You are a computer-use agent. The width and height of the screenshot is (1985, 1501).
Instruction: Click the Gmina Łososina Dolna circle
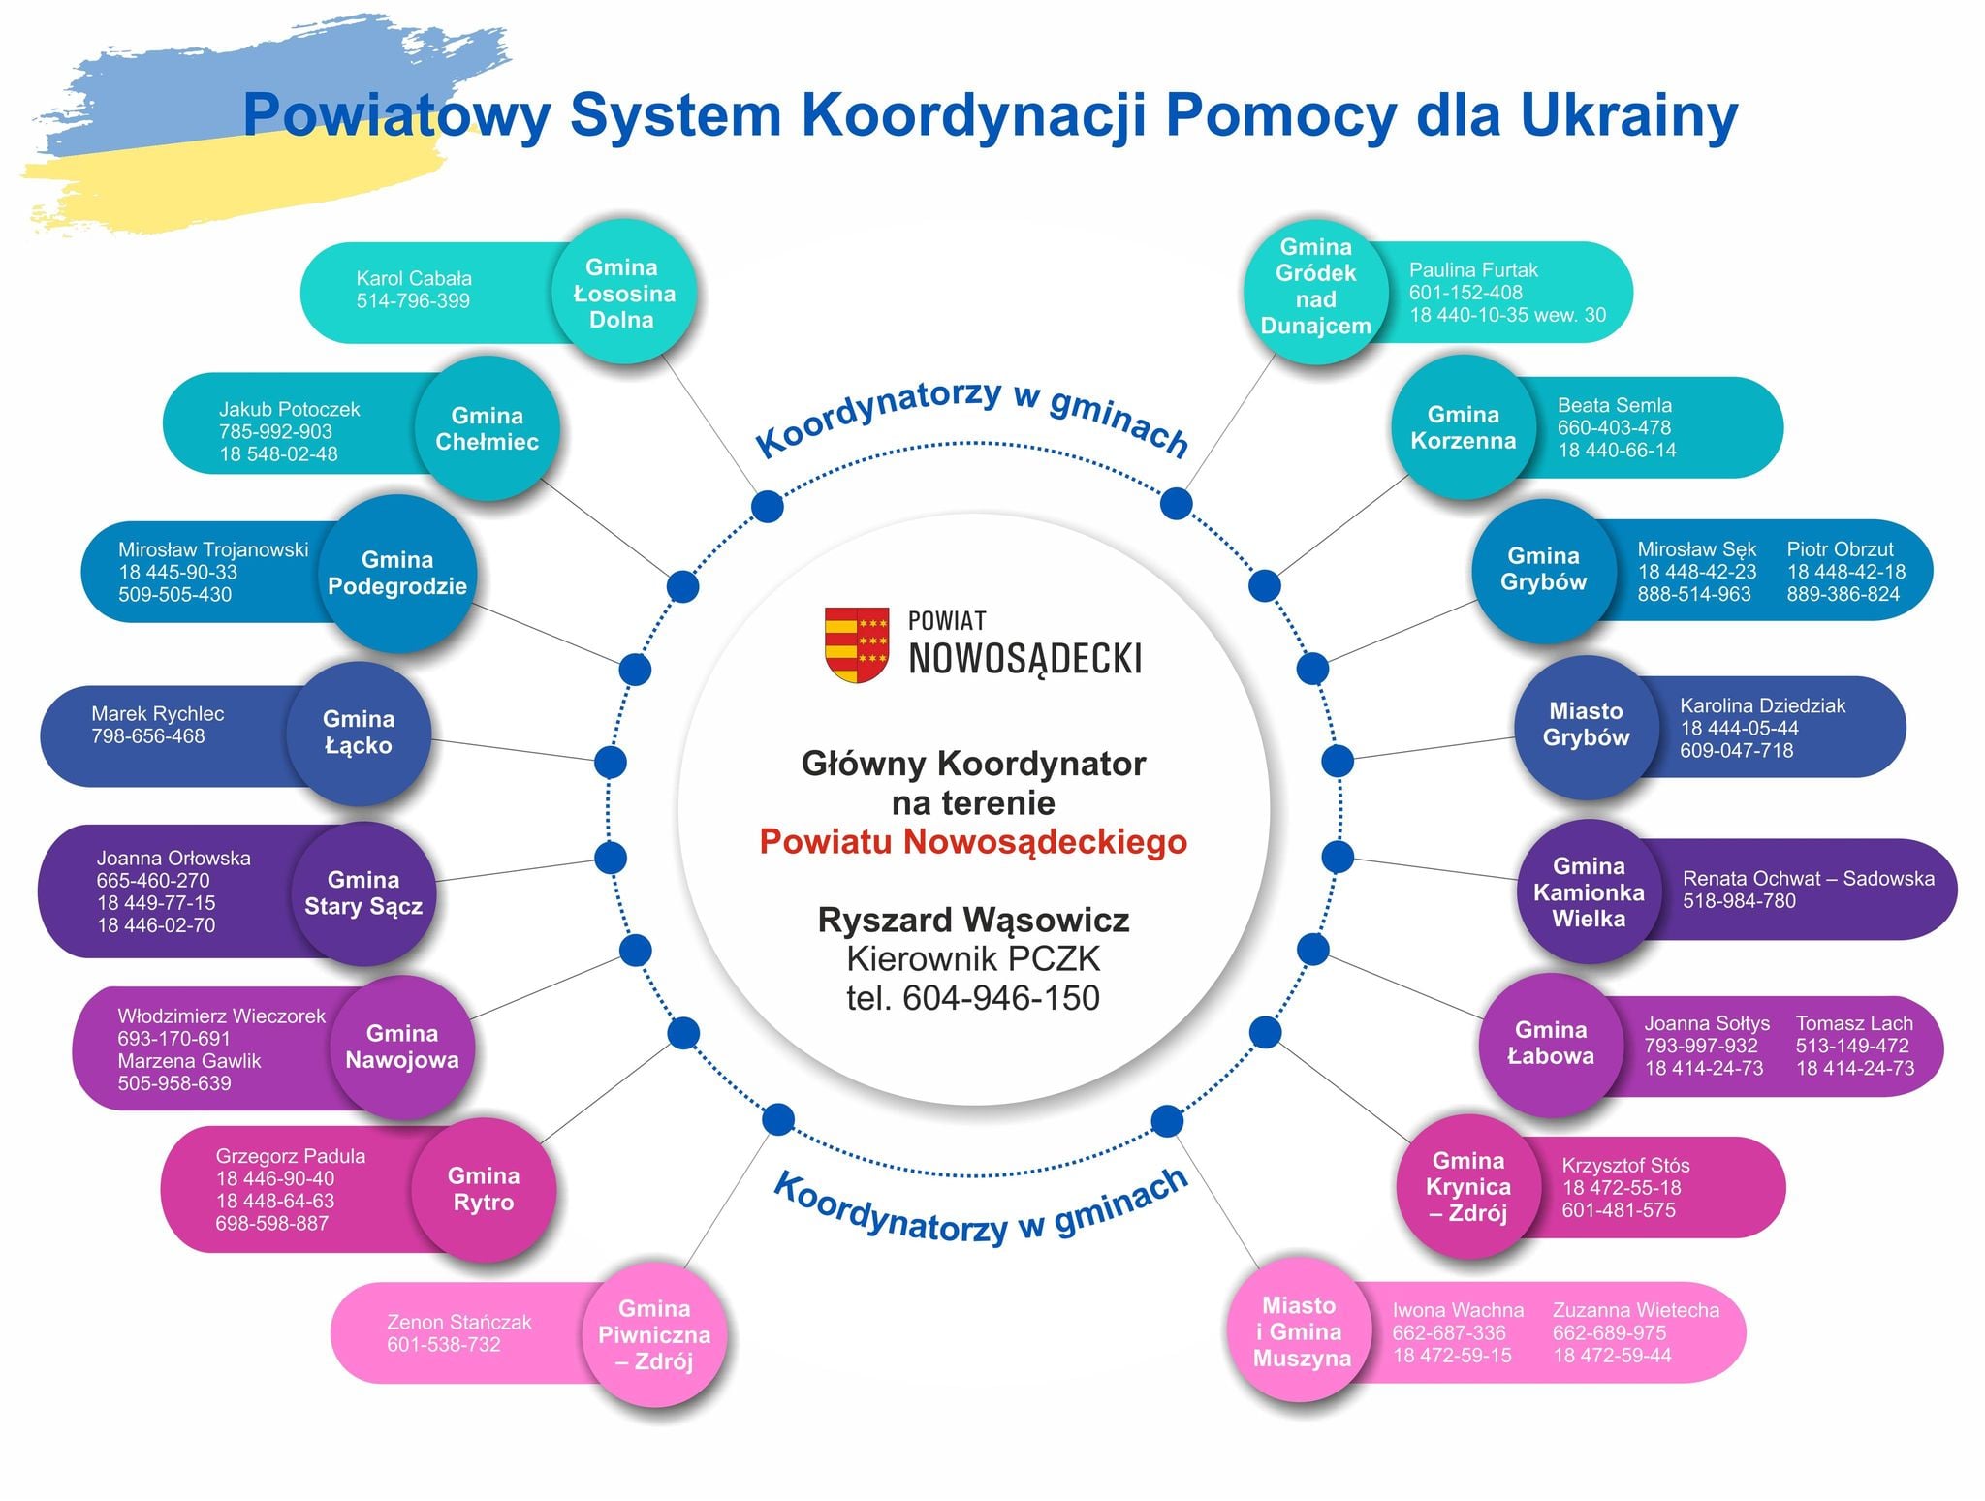click(623, 293)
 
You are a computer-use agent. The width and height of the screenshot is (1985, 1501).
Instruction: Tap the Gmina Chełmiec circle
click(487, 428)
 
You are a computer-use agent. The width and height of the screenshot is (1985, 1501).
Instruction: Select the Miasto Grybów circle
click(1586, 725)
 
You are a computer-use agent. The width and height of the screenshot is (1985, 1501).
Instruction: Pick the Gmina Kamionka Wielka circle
click(1589, 891)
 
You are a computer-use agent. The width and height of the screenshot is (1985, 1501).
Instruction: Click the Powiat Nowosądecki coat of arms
click(857, 644)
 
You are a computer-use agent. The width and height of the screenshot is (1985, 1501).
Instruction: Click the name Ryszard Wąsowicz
click(973, 919)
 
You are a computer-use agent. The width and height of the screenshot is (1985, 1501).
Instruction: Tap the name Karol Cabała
click(414, 278)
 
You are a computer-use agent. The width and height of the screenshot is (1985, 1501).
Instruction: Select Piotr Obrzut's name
click(1840, 548)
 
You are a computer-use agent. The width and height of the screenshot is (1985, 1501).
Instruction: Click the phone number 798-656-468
click(148, 735)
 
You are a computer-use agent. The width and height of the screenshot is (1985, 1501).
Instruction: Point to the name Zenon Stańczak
click(459, 1322)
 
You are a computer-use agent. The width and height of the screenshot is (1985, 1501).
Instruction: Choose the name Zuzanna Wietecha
click(1636, 1310)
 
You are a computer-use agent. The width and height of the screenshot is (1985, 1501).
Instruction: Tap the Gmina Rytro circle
click(484, 1189)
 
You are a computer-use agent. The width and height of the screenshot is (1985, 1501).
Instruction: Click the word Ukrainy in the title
click(1628, 115)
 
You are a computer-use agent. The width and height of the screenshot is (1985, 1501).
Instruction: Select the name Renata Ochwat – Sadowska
click(1809, 878)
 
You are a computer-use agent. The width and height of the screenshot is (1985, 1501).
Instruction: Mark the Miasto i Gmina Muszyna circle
click(1301, 1331)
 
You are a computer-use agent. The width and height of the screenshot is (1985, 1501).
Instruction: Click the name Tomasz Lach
click(1854, 1023)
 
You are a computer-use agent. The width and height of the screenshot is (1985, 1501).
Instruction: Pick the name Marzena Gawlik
click(190, 1060)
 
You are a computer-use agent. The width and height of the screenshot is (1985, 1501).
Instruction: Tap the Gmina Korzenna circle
click(1464, 427)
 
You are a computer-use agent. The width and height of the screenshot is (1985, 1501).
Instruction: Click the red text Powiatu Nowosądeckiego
click(973, 841)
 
